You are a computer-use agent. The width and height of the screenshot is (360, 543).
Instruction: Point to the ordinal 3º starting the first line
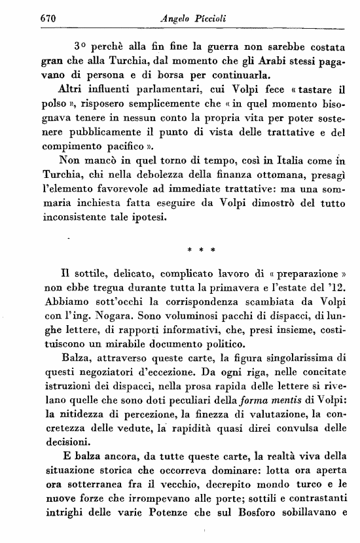click(81, 47)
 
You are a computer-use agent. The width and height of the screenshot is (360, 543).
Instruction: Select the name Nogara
click(100, 322)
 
